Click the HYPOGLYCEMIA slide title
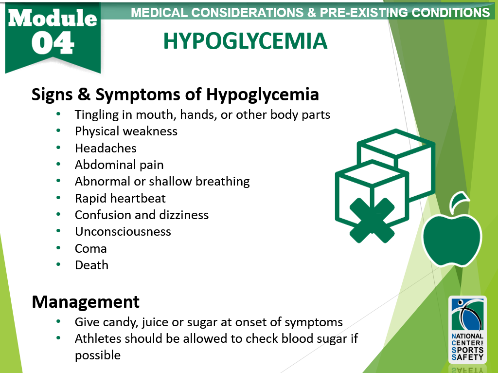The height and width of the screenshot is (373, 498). click(x=245, y=41)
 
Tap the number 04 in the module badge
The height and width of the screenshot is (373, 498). click(x=53, y=43)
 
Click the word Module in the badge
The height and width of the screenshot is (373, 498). click(x=53, y=18)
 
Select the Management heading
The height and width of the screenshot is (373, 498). click(x=86, y=302)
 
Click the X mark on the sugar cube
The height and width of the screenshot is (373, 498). click(x=372, y=221)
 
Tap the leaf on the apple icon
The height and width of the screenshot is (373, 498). click(x=460, y=200)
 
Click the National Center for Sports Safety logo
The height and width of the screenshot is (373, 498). click(x=467, y=330)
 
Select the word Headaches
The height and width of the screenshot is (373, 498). click(x=106, y=148)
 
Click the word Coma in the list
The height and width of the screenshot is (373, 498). click(x=91, y=249)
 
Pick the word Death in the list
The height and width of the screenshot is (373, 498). click(x=91, y=265)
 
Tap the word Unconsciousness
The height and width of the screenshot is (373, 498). click(x=123, y=231)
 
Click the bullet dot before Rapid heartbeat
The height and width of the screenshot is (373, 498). click(x=58, y=198)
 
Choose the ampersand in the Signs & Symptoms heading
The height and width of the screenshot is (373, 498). click(x=84, y=94)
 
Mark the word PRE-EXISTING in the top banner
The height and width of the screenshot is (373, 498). click(x=363, y=12)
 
